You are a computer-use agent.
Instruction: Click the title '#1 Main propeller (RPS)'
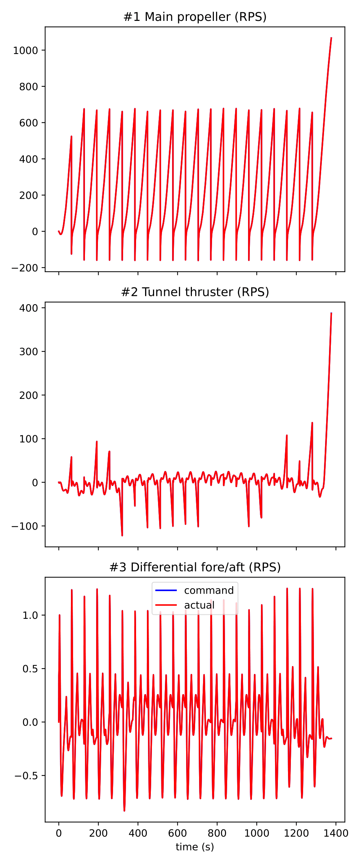click(x=195, y=17)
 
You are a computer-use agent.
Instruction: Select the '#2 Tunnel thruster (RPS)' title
click(x=195, y=292)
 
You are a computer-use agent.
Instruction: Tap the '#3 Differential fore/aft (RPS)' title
click(x=195, y=567)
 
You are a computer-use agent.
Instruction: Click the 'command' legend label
click(x=209, y=590)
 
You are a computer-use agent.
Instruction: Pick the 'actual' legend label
click(x=199, y=605)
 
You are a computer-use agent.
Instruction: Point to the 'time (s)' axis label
click(x=195, y=847)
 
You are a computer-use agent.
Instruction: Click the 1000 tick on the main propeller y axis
click(x=26, y=50)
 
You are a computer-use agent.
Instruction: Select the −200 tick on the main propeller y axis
click(x=25, y=268)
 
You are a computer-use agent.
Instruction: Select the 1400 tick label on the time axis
click(x=336, y=833)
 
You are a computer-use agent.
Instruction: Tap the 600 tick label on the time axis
click(x=177, y=833)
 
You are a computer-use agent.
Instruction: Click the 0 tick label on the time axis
click(x=59, y=833)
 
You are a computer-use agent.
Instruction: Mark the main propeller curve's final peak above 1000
click(x=331, y=37)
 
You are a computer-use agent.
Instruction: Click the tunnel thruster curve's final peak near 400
click(x=331, y=313)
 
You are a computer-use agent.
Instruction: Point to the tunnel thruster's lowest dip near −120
click(x=122, y=536)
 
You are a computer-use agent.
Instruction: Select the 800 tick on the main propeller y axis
click(x=28, y=87)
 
